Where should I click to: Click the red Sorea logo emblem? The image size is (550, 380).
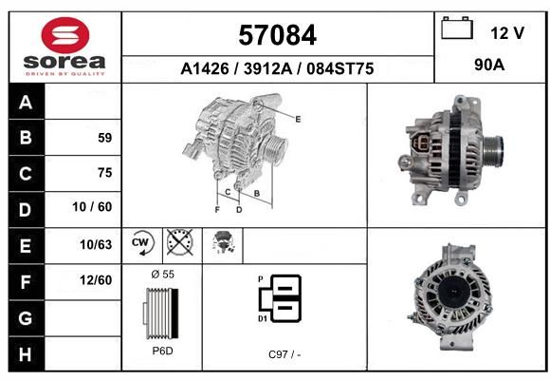click(x=65, y=35)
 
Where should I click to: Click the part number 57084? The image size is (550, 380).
click(x=278, y=35)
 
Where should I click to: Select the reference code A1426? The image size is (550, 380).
click(x=205, y=68)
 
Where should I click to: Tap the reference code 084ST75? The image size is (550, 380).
click(x=339, y=68)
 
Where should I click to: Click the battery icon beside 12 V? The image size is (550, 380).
click(x=457, y=28)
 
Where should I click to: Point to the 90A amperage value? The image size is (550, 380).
click(x=489, y=65)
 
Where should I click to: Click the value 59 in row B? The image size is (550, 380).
click(x=105, y=138)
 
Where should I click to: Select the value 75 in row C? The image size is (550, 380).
click(x=105, y=173)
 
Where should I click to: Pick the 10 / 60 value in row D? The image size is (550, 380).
click(x=92, y=207)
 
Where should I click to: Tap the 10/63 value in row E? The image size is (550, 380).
click(x=96, y=244)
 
